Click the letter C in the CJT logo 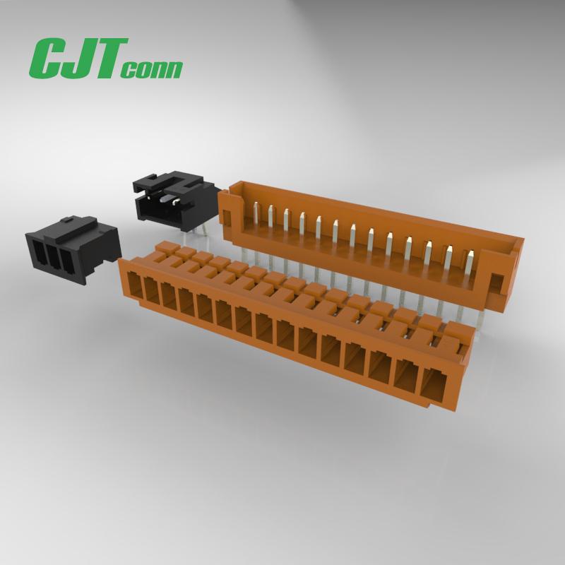[47, 58]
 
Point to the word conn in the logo [151, 69]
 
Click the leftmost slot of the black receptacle [39, 252]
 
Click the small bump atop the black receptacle [68, 218]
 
